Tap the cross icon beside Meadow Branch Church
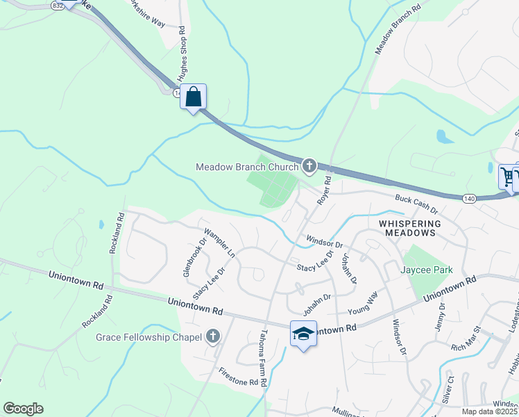coord(309,166)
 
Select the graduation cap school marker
coord(303,334)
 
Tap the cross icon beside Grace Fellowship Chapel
coord(213,338)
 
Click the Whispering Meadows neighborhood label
coord(410,228)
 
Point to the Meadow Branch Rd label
coord(398,32)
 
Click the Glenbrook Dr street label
coord(194,258)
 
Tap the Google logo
coord(23,409)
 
